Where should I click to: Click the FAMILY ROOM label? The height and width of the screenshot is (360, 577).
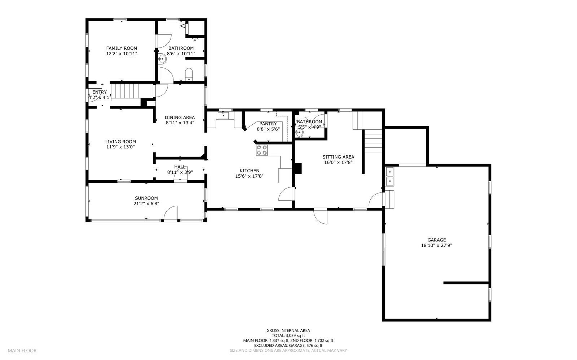pos(122,48)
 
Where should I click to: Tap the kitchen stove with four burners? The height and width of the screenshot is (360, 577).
pos(262,150)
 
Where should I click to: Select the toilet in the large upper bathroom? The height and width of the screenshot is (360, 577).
pos(189,75)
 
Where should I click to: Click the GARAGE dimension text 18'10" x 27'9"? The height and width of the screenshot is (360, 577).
pos(436,245)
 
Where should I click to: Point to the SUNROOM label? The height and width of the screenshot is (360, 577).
pos(146,198)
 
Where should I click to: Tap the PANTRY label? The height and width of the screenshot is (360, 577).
pos(268,124)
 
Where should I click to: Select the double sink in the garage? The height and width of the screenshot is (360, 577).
pos(390,176)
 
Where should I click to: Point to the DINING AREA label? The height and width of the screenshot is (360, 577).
pos(180,117)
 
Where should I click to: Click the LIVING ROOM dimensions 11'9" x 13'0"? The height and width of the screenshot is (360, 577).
pos(120,147)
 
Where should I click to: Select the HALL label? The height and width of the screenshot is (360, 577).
pos(180,167)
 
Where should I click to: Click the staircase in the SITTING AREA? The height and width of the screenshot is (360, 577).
pos(373,141)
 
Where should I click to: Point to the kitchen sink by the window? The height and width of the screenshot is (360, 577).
pos(223,116)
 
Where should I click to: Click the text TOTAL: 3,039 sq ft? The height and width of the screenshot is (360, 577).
pos(288,335)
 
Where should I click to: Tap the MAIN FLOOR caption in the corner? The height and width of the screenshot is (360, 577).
pos(22,350)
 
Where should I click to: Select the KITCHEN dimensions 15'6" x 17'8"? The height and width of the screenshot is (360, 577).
pos(249,176)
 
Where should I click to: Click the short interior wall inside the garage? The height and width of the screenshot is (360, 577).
pos(466,283)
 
